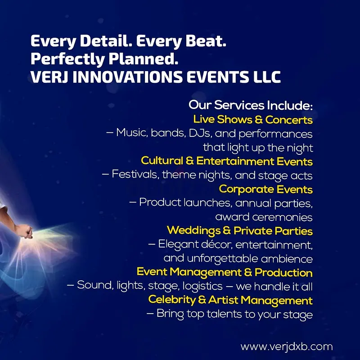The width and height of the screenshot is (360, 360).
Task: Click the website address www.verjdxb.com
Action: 287,347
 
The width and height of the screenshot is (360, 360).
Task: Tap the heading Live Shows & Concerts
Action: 253,120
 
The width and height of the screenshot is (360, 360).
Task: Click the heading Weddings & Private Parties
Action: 240,231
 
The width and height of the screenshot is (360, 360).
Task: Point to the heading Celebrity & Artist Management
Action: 230,300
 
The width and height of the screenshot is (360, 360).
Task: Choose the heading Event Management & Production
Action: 225,272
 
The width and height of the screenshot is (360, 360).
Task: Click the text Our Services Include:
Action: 251,106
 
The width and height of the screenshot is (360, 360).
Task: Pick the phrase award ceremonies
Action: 264,217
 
